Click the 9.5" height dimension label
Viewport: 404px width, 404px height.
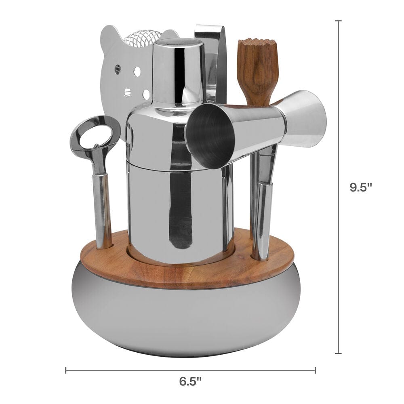361,187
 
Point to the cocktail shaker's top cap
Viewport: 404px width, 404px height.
178,72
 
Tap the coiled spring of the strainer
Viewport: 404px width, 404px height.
143,38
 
